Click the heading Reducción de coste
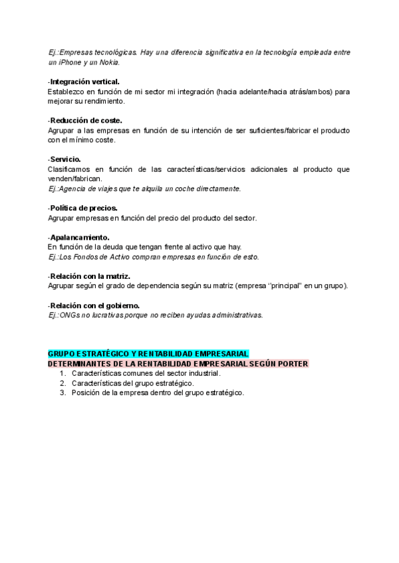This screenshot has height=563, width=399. click(85, 121)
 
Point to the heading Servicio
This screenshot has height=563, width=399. click(65, 159)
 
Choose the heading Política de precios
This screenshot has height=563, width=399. click(83, 208)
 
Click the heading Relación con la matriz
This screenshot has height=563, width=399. click(89, 276)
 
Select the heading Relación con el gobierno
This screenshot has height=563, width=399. click(94, 305)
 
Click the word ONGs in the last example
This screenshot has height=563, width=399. click(70, 315)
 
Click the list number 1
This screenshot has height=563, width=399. click(62, 373)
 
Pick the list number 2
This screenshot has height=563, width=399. click(62, 383)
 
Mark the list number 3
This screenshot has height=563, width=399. click(62, 392)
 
